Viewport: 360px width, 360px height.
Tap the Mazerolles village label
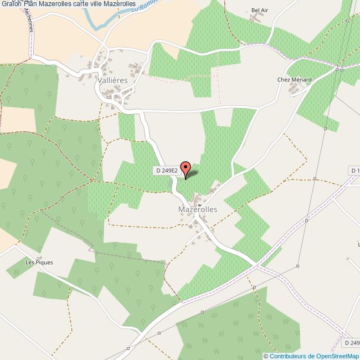(x=198, y=210)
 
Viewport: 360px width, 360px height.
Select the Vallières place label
(x=112, y=80)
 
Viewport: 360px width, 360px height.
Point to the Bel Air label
(x=259, y=11)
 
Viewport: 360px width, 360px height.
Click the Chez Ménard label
(x=294, y=80)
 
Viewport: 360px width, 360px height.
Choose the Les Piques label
(x=39, y=262)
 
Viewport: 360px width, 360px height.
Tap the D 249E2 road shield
(x=166, y=171)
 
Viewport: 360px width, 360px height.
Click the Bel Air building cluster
(x=256, y=19)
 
